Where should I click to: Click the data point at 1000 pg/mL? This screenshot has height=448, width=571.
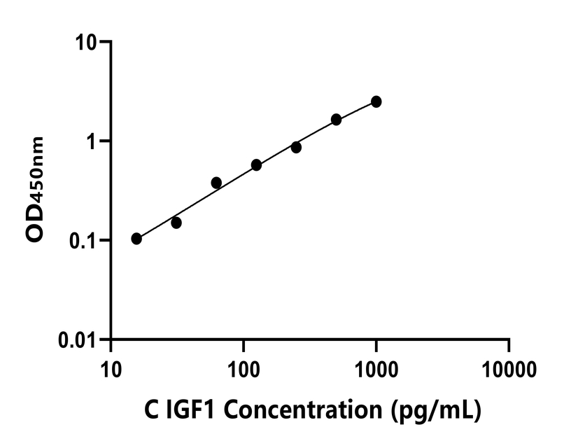(x=376, y=101)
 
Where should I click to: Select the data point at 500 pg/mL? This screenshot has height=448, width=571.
(x=337, y=120)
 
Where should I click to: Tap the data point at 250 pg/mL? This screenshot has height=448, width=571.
(x=296, y=147)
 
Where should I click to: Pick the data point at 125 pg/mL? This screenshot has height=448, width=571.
(x=256, y=165)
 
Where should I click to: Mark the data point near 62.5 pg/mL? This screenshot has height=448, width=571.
(x=216, y=183)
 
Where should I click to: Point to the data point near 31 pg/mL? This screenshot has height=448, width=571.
(x=176, y=223)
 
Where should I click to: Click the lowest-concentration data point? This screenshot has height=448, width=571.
(x=136, y=239)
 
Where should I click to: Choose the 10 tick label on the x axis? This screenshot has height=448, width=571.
(x=111, y=368)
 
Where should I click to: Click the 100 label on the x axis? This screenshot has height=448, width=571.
(x=244, y=368)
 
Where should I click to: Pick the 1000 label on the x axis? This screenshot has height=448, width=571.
(x=376, y=368)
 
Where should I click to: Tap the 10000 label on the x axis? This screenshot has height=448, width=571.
(x=509, y=368)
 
